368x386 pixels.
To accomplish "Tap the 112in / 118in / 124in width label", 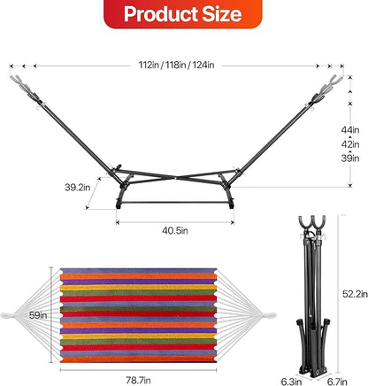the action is click(x=176, y=65).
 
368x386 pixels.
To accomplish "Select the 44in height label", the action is click(x=350, y=130).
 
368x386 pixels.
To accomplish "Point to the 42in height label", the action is click(x=350, y=144).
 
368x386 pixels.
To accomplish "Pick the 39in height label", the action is click(x=350, y=158).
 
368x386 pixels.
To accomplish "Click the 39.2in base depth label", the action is click(x=78, y=188).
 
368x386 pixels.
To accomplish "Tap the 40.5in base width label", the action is click(x=175, y=230).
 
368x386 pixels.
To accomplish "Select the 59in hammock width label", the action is click(x=38, y=315).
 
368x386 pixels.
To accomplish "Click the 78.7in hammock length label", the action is click(x=138, y=381).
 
